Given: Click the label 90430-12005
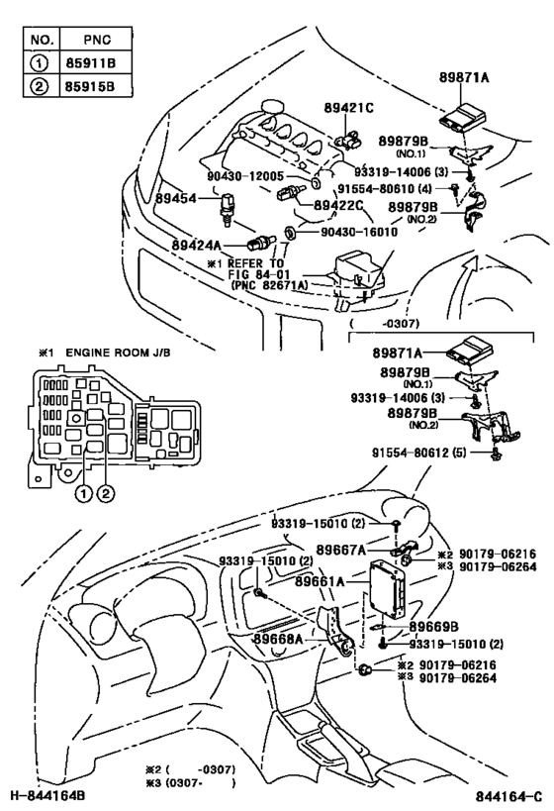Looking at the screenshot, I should pos(244,176).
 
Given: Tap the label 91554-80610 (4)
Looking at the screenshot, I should pos(389,186).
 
